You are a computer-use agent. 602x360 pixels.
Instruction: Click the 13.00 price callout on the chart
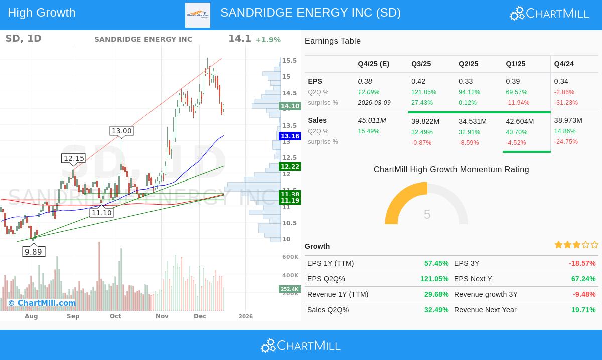[x=121, y=131]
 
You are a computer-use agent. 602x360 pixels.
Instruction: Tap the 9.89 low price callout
[x=34, y=252]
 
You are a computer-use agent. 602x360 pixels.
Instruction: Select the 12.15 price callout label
[x=74, y=158]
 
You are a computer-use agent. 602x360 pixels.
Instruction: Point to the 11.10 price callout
[x=101, y=213]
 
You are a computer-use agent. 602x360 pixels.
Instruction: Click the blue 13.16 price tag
[x=290, y=136]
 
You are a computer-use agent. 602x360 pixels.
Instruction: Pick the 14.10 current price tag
[x=290, y=106]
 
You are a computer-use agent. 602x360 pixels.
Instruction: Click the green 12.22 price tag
[x=290, y=167]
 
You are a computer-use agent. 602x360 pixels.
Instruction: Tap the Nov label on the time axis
[x=162, y=316]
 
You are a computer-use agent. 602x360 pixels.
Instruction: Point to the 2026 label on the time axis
[x=246, y=316]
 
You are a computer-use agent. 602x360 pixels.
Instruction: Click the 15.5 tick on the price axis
[x=289, y=61]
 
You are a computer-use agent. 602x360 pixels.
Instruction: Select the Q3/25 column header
[x=421, y=64]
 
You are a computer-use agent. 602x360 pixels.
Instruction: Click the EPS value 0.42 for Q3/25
[x=418, y=81]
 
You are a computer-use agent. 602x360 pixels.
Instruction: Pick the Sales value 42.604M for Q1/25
[x=520, y=121]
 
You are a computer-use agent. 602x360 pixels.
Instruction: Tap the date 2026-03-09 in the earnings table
[x=374, y=103]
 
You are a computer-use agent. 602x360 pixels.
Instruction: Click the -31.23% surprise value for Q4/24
[x=566, y=103]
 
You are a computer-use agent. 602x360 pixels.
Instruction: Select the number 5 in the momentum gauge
[x=427, y=215]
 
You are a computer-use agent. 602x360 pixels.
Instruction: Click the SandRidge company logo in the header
[x=198, y=15]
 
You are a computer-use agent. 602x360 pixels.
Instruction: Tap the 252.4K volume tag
[x=289, y=289]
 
